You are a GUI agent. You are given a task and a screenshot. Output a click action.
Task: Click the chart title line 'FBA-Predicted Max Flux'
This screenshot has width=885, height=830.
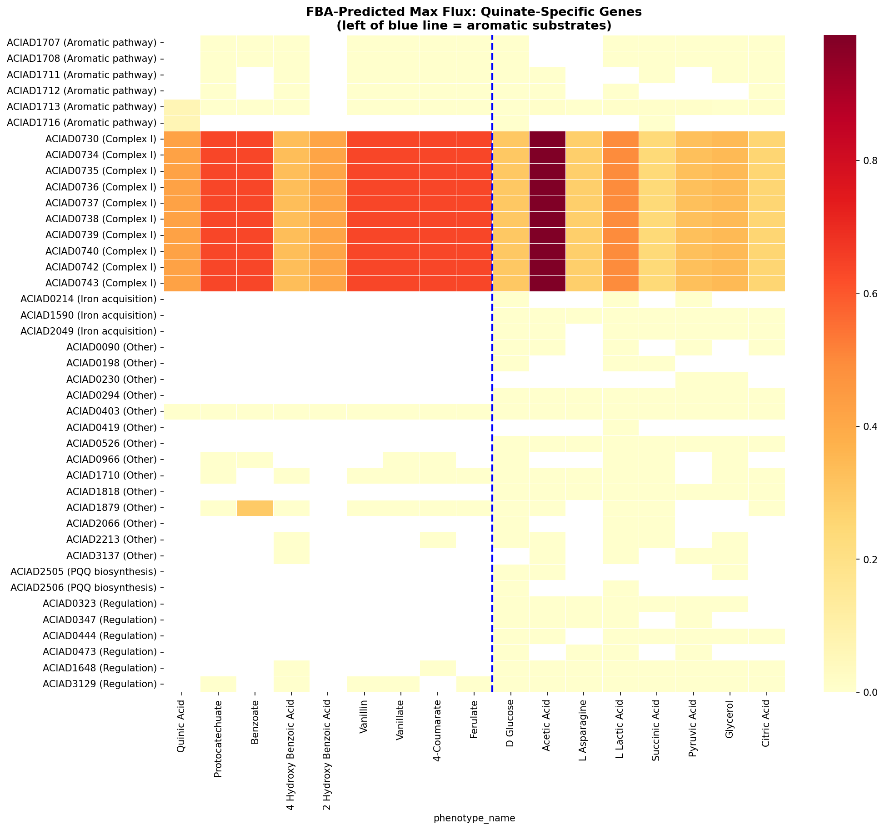pos(474,12)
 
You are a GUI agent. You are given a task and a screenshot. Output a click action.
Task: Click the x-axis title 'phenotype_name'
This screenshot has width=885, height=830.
pos(474,818)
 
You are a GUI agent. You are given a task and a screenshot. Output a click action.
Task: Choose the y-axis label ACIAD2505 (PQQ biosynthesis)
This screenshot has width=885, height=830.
pos(83,571)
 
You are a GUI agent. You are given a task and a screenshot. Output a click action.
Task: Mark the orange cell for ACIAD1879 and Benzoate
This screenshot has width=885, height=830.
pos(255,508)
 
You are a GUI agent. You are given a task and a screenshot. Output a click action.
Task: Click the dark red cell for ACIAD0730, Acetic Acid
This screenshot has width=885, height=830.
pos(547,139)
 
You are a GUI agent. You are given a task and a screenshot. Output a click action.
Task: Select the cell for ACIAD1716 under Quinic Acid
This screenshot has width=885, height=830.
pos(182,123)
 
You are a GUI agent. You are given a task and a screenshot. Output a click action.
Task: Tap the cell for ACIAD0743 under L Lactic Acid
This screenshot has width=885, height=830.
pos(620,283)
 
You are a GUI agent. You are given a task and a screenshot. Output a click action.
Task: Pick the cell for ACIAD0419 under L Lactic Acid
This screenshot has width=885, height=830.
pos(620,427)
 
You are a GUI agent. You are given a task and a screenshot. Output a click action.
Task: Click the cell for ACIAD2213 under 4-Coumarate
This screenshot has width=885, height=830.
pos(438,540)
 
